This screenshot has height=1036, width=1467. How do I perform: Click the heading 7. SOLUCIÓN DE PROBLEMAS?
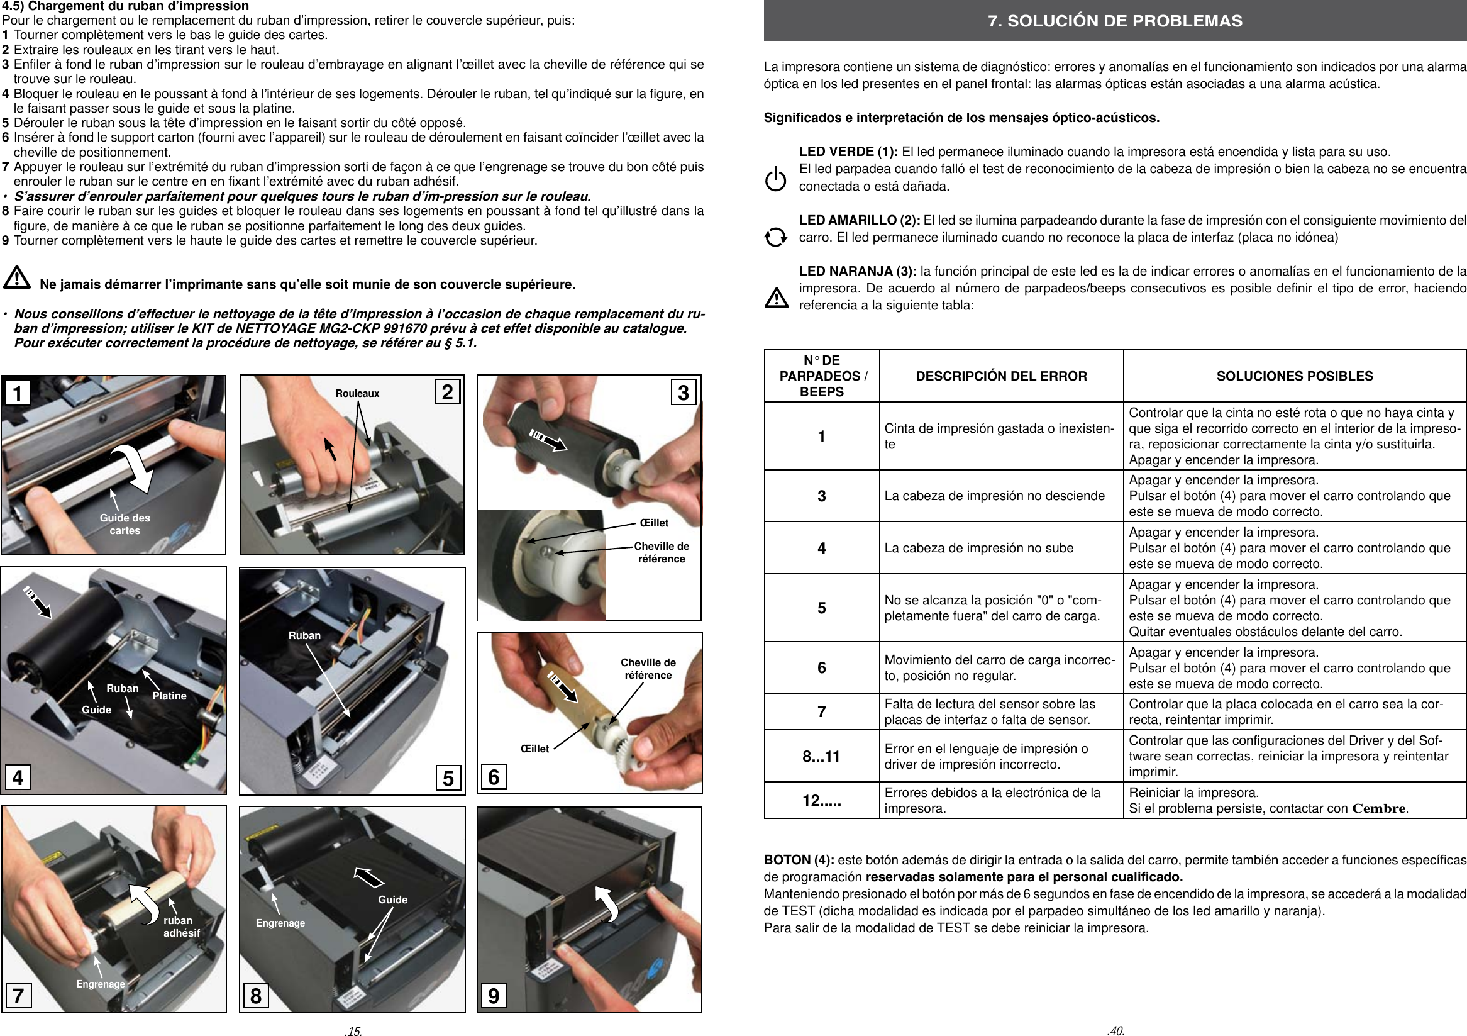coord(1115,21)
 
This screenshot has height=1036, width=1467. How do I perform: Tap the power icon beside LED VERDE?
coord(776,180)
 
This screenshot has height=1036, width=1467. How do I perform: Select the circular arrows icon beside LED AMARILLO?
coord(776,237)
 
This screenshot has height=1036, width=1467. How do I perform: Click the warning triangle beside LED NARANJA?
coord(777,297)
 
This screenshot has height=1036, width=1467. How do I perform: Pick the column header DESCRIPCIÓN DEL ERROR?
coord(1001,376)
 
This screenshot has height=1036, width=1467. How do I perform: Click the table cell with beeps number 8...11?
coord(821,756)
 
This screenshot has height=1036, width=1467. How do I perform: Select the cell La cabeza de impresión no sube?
coord(978,548)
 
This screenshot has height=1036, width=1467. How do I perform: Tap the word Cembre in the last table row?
coord(1379,808)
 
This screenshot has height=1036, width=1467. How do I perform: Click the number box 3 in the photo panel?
coord(683,392)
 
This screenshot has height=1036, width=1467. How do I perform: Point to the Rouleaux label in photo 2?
coord(357,394)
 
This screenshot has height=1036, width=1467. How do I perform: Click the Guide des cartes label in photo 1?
coord(125,524)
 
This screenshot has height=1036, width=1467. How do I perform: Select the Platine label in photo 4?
coord(169,696)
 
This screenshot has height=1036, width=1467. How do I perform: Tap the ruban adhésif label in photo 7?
coord(181,927)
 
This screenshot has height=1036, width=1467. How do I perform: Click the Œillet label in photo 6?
coord(534,749)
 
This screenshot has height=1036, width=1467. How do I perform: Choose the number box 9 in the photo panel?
coord(493,995)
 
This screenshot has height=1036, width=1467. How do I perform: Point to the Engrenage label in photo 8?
coord(280,923)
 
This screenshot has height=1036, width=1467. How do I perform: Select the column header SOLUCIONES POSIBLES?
coord(1294,376)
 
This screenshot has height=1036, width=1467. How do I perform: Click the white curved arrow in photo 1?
coord(134,467)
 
